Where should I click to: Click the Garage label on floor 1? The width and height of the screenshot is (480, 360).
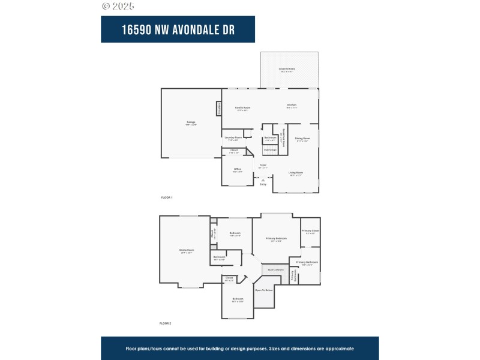click(x=191, y=122)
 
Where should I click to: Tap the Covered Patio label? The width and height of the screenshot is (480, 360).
click(x=287, y=69)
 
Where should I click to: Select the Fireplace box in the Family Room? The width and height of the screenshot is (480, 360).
click(x=220, y=109)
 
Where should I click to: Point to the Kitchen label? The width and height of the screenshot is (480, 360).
click(x=292, y=106)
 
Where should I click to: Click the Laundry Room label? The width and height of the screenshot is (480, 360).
click(x=233, y=137)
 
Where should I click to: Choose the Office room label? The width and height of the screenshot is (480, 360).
click(x=238, y=169)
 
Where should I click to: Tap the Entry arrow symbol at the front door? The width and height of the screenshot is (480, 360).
click(x=263, y=179)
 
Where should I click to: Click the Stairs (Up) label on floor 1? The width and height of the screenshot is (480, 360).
click(x=270, y=149)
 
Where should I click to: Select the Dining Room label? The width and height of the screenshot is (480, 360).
click(x=302, y=139)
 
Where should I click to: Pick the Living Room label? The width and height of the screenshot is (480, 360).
click(x=296, y=172)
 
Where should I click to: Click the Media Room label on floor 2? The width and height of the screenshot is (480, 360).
click(x=186, y=250)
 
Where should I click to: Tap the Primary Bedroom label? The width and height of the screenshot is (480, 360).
click(x=277, y=238)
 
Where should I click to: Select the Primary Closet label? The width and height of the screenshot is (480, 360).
click(x=310, y=231)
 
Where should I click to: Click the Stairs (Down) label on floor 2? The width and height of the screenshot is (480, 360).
click(x=275, y=270)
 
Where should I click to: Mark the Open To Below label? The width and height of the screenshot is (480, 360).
click(x=264, y=290)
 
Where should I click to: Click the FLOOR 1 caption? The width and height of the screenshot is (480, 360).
click(x=166, y=197)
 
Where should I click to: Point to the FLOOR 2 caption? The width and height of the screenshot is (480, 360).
click(x=166, y=323)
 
